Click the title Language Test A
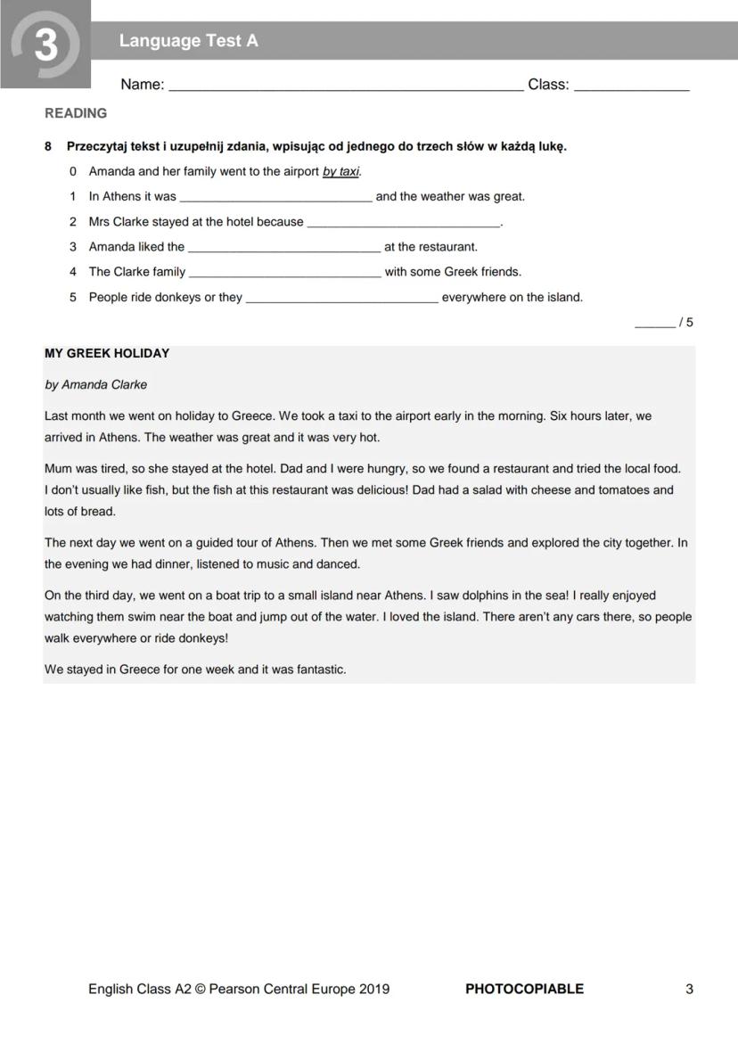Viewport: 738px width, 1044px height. [188, 41]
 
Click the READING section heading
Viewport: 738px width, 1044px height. [76, 113]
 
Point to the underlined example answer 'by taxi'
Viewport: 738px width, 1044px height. [341, 171]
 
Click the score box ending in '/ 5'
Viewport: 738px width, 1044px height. [663, 323]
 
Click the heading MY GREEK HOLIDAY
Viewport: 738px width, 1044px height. [107, 353]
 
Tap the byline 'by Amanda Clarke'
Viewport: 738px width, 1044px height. [95, 384]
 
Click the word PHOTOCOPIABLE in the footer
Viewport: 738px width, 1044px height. [524, 989]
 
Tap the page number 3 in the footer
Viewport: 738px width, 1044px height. [689, 989]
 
